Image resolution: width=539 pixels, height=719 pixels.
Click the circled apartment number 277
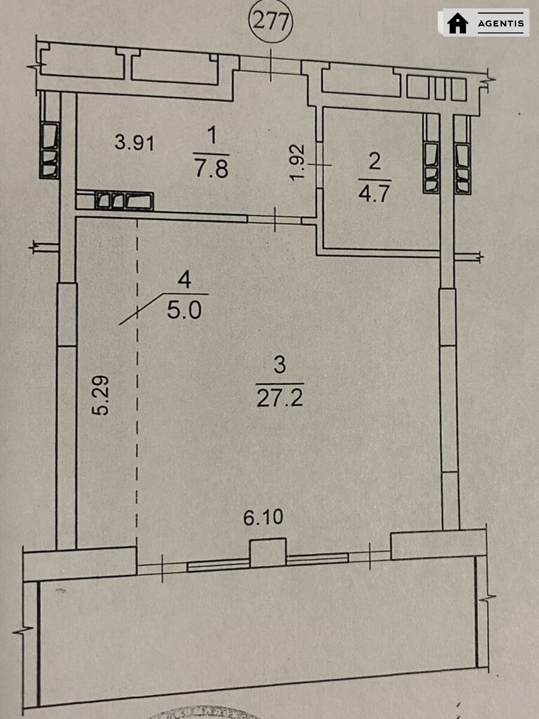tap(271, 22)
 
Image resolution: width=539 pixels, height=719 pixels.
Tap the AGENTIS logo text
tap(501, 23)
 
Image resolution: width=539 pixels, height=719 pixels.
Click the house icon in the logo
tap(458, 23)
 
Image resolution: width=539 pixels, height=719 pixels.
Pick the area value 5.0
tap(184, 309)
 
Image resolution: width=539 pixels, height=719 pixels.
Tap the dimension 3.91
tap(135, 143)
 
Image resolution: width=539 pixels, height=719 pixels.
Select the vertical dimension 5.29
tap(101, 395)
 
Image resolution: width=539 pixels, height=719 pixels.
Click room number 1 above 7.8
tap(212, 135)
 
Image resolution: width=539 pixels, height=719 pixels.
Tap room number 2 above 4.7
tap(374, 162)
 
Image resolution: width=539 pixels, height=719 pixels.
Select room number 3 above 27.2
tap(280, 365)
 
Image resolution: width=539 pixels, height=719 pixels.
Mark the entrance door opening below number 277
tap(270, 65)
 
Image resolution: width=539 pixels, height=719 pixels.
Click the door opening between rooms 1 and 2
tap(320, 165)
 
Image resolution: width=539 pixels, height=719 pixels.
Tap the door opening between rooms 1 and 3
tap(274, 219)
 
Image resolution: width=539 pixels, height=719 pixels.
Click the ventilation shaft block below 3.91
tap(124, 201)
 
